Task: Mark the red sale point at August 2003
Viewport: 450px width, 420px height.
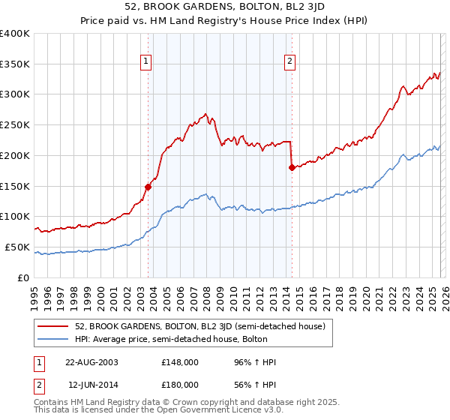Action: point(148,187)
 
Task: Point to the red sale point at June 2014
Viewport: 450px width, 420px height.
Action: point(292,168)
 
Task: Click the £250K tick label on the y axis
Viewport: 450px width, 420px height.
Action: point(15,125)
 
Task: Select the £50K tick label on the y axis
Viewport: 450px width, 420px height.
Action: point(17,247)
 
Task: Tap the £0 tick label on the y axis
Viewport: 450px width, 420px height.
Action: point(22,277)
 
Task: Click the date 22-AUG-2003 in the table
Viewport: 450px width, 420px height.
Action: point(91,362)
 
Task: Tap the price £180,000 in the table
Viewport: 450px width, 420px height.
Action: point(180,385)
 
